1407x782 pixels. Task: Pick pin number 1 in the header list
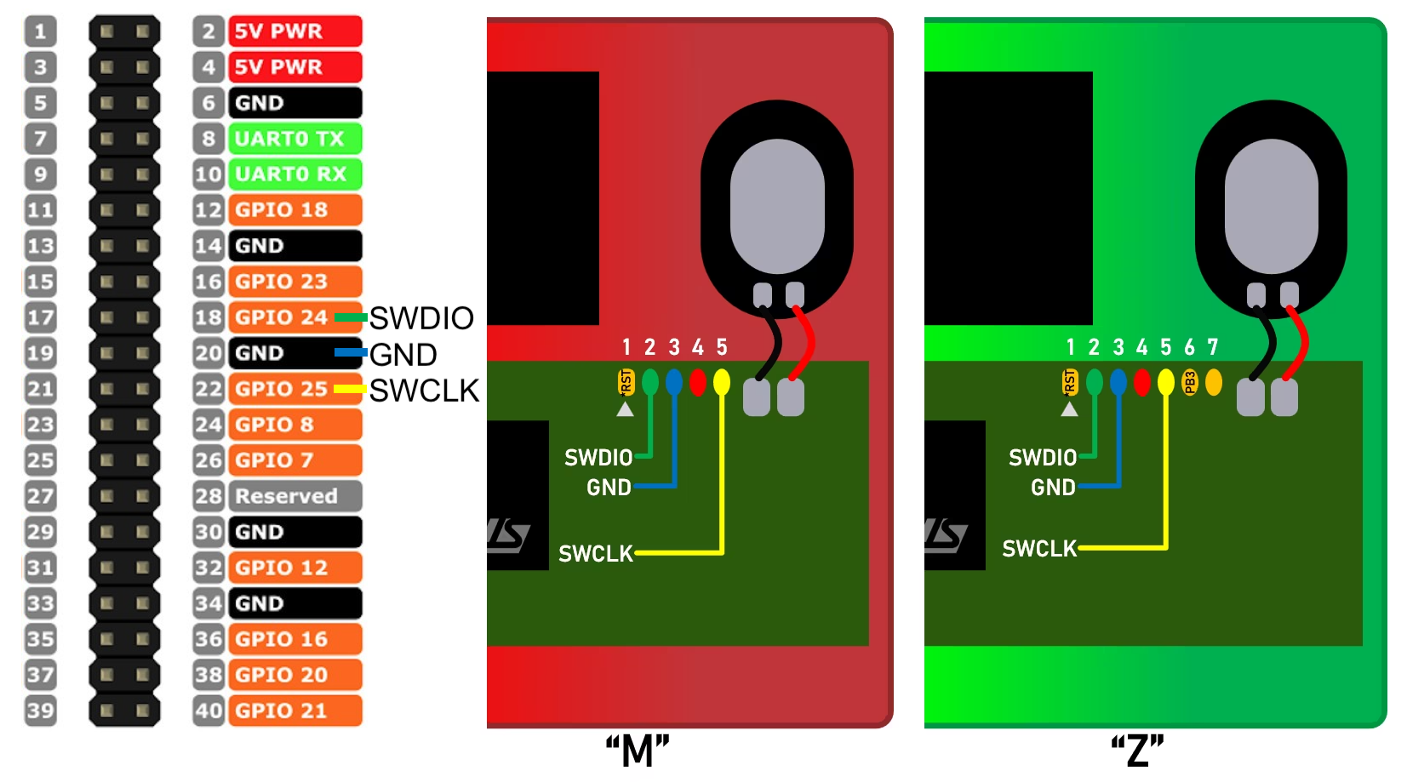pos(40,31)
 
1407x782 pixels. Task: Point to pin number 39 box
pos(40,711)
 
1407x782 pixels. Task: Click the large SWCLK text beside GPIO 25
pos(424,391)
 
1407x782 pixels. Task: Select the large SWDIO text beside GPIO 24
pos(421,318)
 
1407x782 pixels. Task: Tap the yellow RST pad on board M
pos(626,382)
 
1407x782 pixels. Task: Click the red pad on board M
pos(698,382)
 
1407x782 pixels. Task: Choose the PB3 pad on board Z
pos(1190,383)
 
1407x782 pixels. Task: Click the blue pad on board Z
pos(1118,382)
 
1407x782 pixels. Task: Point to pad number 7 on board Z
pos(1214,382)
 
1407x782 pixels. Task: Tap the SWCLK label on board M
pos(596,554)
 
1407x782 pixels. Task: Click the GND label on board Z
pos(1053,488)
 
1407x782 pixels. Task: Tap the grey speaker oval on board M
pos(777,206)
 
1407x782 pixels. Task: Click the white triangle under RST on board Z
pos(1070,409)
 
